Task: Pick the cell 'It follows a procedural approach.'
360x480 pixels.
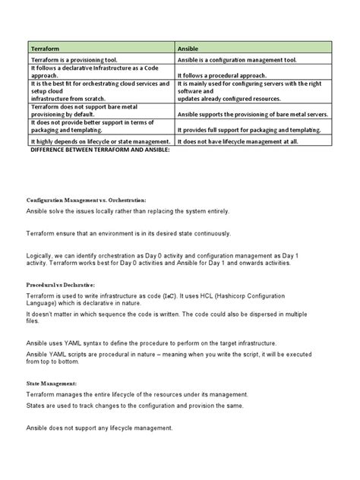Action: click(222, 76)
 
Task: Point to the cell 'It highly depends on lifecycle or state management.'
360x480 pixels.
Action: click(99, 141)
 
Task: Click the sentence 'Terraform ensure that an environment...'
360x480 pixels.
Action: click(129, 232)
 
